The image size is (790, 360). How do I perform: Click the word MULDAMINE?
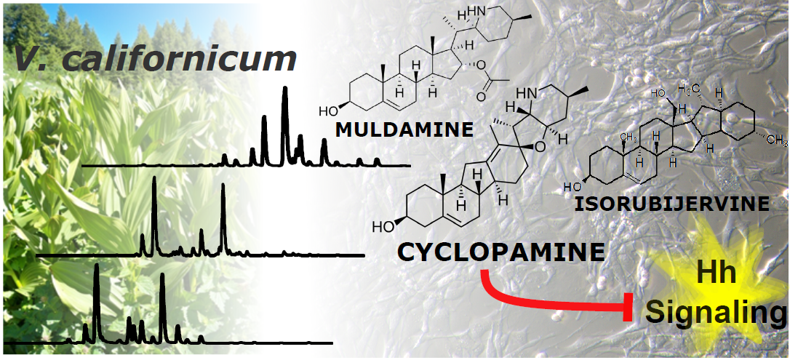[404, 129]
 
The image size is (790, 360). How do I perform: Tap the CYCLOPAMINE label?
[501, 252]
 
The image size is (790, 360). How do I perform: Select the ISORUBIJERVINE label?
[671, 203]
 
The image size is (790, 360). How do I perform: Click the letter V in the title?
[27, 59]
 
